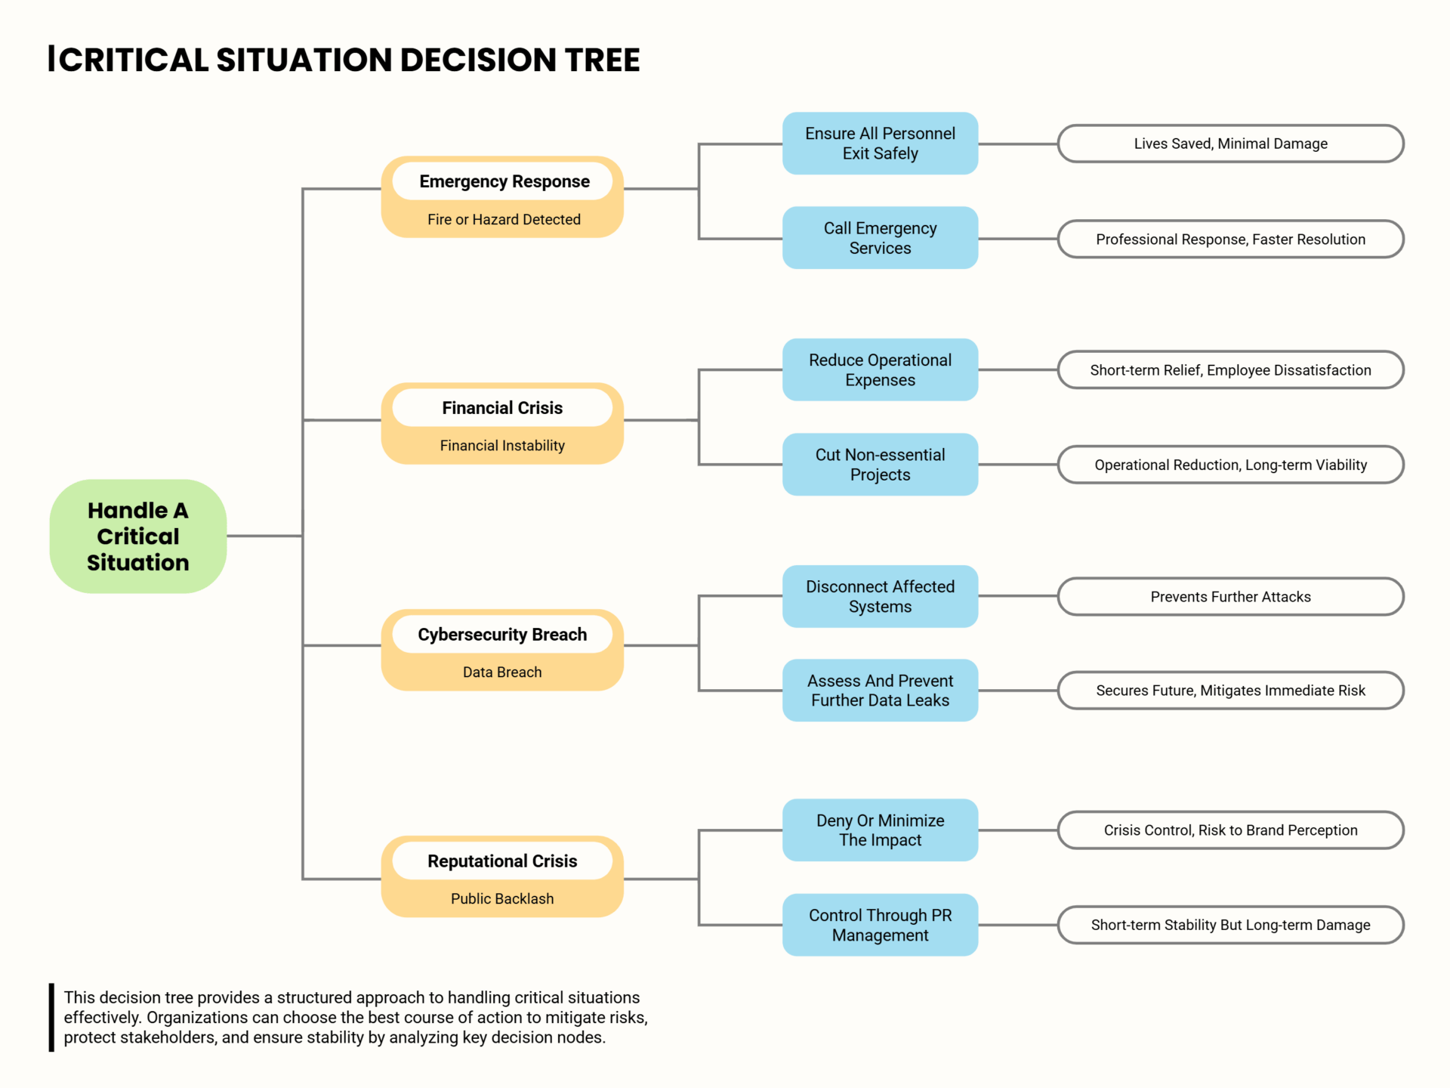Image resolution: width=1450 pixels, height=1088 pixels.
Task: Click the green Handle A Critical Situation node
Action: [138, 536]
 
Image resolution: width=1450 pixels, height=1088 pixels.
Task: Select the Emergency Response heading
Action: [504, 181]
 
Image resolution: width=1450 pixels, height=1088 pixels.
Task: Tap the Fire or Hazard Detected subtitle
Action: [504, 219]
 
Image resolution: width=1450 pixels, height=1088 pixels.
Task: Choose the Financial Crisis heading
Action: [502, 408]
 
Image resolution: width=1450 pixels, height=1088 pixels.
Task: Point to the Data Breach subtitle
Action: [502, 672]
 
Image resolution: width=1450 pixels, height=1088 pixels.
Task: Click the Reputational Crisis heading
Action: [502, 861]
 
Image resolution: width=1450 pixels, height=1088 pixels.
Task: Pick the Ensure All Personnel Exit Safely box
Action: [880, 144]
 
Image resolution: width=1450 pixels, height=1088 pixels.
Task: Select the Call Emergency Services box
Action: [880, 238]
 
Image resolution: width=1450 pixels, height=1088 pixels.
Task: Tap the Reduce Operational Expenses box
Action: [880, 369]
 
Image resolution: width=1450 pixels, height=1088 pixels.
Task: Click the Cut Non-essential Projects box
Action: [880, 465]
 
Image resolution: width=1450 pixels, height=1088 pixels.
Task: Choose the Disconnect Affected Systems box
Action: [880, 596]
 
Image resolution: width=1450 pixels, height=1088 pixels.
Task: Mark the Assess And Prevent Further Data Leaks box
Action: [880, 691]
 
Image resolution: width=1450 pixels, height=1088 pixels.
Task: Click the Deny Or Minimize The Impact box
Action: [880, 830]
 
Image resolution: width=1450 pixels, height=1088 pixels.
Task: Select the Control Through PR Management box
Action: [880, 925]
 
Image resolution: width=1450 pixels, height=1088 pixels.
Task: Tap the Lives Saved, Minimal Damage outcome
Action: [1230, 144]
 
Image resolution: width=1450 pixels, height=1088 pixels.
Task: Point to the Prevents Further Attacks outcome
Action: [1230, 597]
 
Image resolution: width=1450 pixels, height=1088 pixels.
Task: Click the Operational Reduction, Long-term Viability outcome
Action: [1230, 465]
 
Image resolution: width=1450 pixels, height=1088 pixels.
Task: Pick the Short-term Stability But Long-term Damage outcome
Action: [1230, 925]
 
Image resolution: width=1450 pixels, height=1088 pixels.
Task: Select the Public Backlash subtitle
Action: [502, 898]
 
